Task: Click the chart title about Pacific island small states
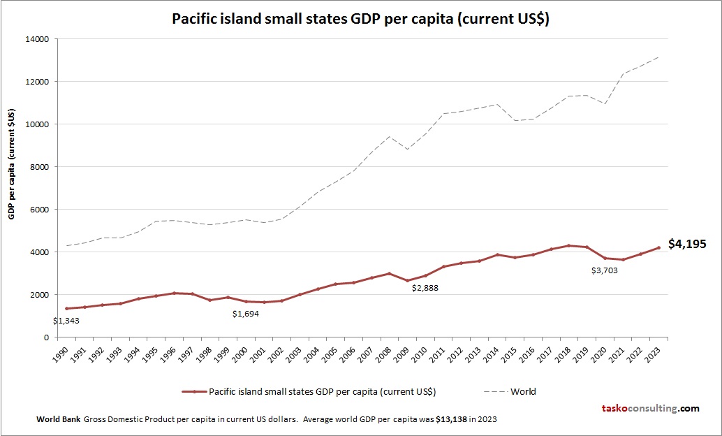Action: click(360, 19)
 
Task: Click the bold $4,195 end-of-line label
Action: click(687, 244)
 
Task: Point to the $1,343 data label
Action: click(67, 321)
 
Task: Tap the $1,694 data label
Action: click(246, 314)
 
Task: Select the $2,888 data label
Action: click(425, 288)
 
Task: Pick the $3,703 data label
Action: click(605, 270)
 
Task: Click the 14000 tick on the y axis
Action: click(37, 39)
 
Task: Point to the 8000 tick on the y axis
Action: click(39, 167)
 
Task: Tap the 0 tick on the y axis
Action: click(45, 337)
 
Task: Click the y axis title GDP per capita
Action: click(12, 164)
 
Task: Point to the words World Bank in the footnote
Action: click(58, 419)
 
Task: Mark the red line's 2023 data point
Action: click(658, 247)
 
